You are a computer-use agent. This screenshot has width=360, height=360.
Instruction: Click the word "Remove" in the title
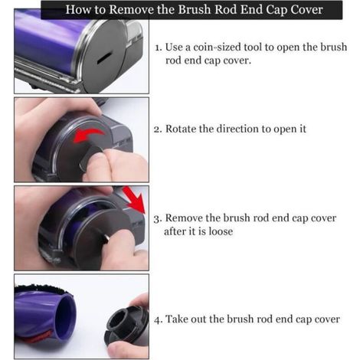point(132,9)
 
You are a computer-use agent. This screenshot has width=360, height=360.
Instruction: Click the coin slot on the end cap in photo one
point(105,57)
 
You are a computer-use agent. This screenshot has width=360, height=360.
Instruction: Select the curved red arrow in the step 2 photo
point(88,135)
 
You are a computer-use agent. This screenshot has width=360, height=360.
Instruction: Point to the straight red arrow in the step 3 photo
point(134,200)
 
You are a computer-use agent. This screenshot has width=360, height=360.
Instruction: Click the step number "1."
point(159,47)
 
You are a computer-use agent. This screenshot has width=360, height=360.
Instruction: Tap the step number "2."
point(158,129)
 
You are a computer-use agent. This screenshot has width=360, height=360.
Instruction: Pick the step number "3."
point(158,218)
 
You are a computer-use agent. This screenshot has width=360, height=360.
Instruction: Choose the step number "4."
point(158,319)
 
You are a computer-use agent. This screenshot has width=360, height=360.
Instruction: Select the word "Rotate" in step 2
point(181,129)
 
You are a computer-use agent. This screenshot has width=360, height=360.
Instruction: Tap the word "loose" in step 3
point(221,231)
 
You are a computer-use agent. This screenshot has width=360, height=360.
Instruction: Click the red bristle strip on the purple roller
point(41,337)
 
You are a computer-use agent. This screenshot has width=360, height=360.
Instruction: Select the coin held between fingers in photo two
point(90,155)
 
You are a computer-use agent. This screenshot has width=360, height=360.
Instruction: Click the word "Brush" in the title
point(195,9)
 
